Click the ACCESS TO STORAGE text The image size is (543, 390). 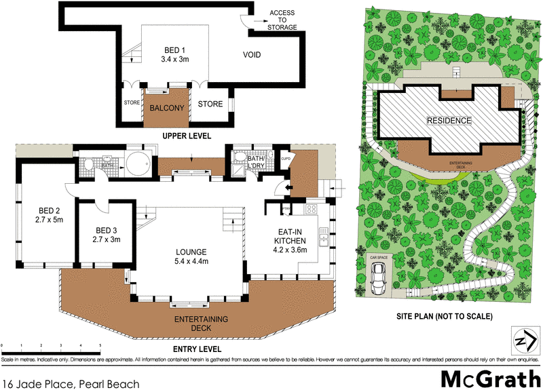[282, 20]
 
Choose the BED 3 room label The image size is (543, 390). [106, 234]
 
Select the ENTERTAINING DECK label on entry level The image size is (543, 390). [201, 324]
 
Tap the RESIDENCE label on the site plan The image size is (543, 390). [449, 121]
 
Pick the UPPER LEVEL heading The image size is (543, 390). [186, 136]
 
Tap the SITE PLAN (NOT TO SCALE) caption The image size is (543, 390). [445, 316]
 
